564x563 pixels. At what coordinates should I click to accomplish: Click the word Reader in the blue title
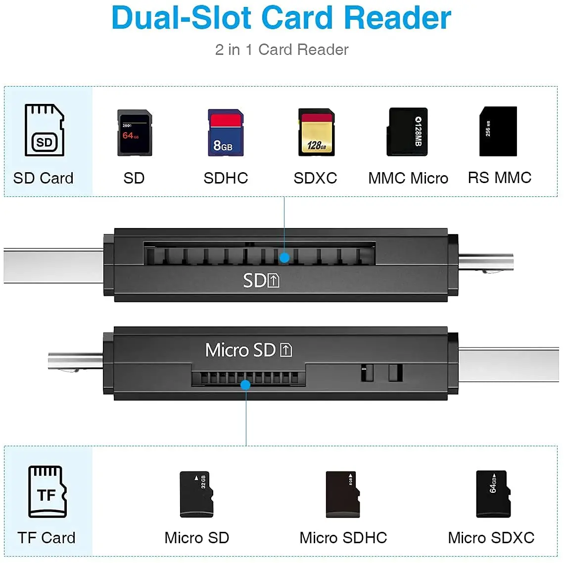397,18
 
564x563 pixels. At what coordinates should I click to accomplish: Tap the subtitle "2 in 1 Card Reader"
282,49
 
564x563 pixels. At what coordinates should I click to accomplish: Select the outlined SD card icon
45,130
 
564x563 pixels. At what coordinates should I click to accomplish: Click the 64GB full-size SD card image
135,133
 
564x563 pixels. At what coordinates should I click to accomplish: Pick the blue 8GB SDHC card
226,133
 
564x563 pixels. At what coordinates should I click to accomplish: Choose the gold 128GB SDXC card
317,133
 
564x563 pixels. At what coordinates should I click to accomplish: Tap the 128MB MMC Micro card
407,132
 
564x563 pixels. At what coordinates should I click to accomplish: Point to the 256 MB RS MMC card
498,132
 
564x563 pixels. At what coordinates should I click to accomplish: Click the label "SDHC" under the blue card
226,178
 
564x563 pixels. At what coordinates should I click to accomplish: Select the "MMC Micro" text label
408,178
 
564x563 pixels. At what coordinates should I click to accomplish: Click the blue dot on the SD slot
284,258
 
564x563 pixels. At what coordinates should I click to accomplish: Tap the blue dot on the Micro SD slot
245,385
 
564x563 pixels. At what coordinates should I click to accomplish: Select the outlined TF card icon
47,491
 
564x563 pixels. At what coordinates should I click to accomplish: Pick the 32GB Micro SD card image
196,494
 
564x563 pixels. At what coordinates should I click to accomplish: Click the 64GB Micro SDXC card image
493,494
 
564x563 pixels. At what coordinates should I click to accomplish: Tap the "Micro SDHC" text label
343,538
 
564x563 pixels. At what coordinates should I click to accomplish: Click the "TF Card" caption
47,538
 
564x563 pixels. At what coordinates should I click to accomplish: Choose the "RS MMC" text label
500,178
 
